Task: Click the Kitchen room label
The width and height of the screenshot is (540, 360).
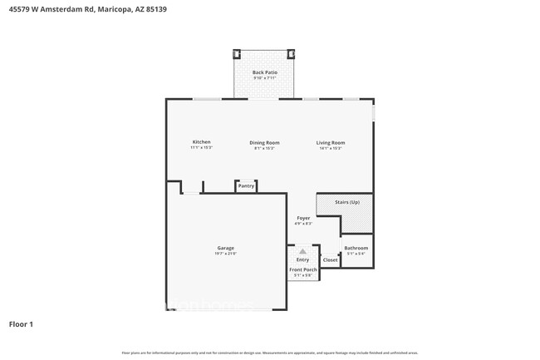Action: click(x=202, y=142)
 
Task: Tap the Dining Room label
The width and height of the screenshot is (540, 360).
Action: click(x=264, y=143)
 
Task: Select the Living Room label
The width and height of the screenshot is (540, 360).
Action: click(x=330, y=143)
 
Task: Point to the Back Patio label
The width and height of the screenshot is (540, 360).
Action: click(x=265, y=73)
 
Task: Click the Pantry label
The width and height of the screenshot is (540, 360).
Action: click(x=246, y=186)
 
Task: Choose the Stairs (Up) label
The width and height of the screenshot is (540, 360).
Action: click(x=347, y=202)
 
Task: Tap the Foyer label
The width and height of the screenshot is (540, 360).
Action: click(x=303, y=218)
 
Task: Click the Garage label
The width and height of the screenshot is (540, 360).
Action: click(x=226, y=248)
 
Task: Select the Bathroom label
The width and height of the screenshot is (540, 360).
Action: click(x=356, y=248)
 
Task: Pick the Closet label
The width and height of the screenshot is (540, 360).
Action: click(x=331, y=260)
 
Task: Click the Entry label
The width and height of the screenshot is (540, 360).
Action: click(x=302, y=260)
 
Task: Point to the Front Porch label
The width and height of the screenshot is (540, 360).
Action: click(x=302, y=270)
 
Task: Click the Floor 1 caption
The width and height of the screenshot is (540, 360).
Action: click(x=21, y=323)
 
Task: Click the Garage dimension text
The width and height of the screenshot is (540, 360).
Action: click(x=226, y=254)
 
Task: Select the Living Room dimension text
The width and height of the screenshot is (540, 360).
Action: click(x=330, y=148)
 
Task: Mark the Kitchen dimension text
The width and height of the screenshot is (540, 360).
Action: click(x=202, y=148)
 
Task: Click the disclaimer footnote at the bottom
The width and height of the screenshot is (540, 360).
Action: click(x=269, y=353)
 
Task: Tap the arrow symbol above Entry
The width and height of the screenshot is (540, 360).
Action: click(x=302, y=251)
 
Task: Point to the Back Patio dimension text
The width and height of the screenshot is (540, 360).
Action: click(x=265, y=78)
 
